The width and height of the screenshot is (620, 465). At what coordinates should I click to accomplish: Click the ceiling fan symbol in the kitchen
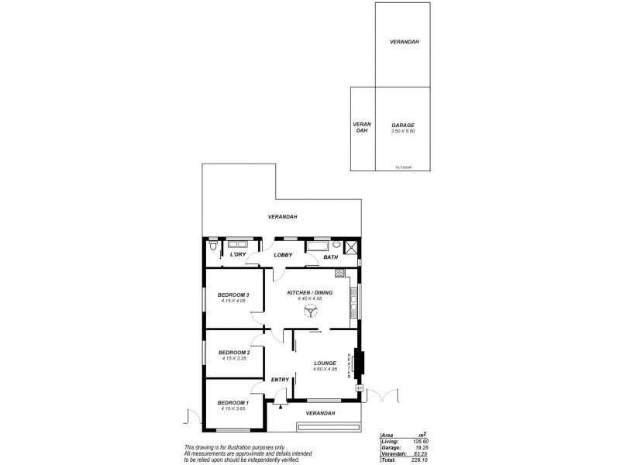(x=310, y=311)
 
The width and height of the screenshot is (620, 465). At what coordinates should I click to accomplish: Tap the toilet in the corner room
(x=212, y=247)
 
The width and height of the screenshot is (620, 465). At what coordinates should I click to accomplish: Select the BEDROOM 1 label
(x=232, y=402)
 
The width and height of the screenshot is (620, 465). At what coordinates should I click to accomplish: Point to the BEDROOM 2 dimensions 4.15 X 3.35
(x=232, y=359)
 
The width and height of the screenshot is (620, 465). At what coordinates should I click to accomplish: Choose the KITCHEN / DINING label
(x=310, y=292)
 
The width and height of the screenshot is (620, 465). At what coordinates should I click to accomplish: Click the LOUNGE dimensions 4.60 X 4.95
(x=324, y=369)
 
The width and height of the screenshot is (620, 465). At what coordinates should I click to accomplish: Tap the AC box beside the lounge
(x=359, y=388)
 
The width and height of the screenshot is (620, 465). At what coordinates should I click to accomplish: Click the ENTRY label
(x=280, y=379)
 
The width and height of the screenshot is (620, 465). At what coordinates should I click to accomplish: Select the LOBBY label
(x=282, y=255)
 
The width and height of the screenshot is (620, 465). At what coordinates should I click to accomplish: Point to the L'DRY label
(x=238, y=255)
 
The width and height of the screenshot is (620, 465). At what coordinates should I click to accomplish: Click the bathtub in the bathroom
(x=317, y=246)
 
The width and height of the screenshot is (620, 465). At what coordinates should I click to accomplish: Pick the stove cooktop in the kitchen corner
(x=339, y=273)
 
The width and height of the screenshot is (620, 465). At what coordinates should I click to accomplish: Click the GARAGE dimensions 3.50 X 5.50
(x=402, y=132)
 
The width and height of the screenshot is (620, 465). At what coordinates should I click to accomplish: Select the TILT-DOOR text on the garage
(x=402, y=167)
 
